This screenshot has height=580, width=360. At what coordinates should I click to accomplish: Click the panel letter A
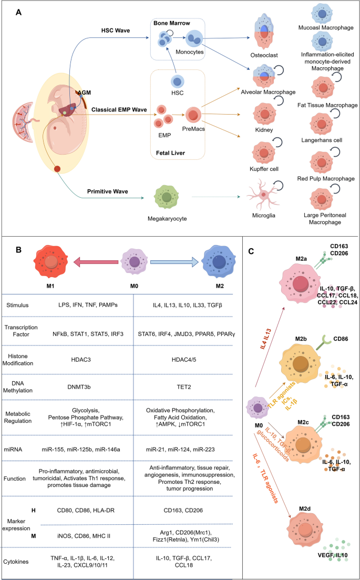tap(18, 11)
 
